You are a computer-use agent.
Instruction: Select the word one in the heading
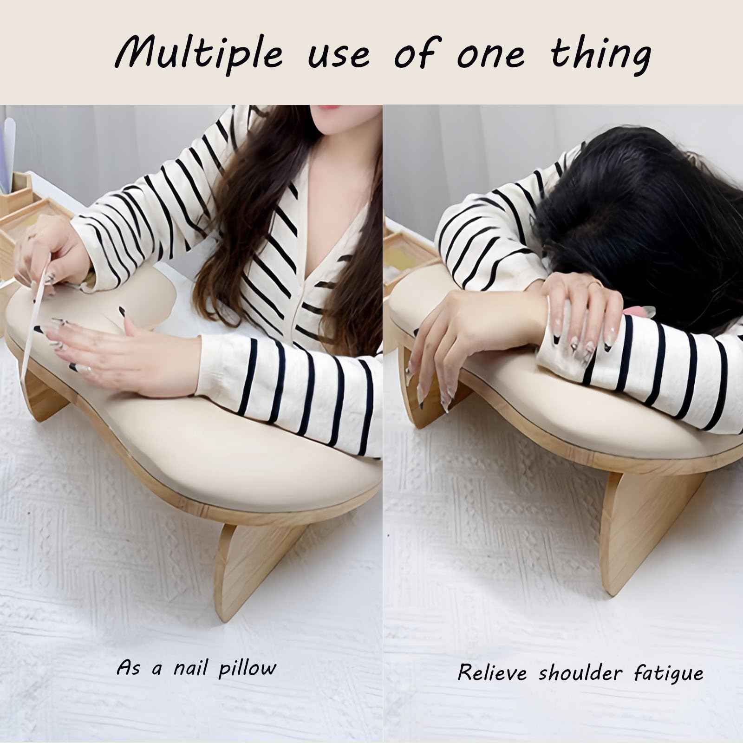pos(491,55)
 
